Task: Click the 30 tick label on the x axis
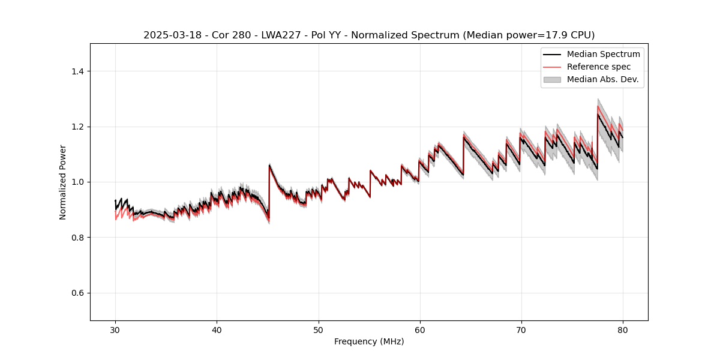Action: click(x=115, y=330)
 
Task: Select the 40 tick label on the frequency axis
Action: click(x=217, y=330)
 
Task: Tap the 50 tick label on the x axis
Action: click(x=318, y=330)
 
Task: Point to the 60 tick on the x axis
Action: click(x=420, y=330)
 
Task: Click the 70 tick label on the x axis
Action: click(x=521, y=330)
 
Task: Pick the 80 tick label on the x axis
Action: click(x=623, y=330)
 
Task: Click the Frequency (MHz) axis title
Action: click(x=369, y=341)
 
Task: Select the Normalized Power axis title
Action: click(x=62, y=182)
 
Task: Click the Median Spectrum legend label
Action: click(x=603, y=54)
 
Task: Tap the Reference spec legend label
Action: click(x=598, y=67)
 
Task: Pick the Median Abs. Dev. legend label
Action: click(x=602, y=79)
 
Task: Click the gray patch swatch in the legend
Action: click(x=552, y=79)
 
